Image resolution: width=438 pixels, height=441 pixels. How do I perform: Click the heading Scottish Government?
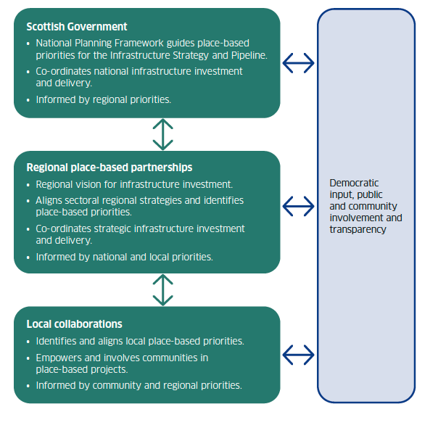coord(76,26)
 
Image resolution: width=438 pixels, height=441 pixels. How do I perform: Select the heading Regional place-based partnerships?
coord(109,168)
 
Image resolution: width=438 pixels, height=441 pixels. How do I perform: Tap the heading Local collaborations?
coord(74,323)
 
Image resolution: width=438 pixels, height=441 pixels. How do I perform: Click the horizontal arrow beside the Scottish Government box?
coord(298,64)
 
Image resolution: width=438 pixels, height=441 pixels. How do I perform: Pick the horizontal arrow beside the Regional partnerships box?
coord(298,206)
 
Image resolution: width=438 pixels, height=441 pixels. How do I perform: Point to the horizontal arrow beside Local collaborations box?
coord(298,355)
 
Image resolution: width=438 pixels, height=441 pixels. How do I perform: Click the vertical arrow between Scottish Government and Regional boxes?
coord(163,134)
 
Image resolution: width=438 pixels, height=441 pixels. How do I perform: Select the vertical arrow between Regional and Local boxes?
coord(163,289)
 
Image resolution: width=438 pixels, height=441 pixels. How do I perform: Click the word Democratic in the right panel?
coord(354,184)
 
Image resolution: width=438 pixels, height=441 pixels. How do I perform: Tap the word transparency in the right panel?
coord(358,229)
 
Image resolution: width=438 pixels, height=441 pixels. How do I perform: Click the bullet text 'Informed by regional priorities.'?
coord(103,99)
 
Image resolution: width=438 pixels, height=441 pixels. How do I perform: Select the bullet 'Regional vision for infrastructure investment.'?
coord(134,184)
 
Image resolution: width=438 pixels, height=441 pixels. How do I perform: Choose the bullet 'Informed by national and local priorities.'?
coord(124,256)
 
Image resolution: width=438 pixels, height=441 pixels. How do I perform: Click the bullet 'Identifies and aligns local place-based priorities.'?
coord(139,341)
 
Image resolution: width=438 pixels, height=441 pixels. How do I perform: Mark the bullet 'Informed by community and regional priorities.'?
coord(139,385)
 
